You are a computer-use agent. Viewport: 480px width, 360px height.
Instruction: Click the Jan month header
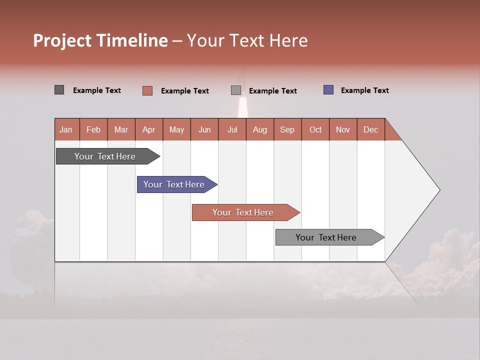tap(66, 129)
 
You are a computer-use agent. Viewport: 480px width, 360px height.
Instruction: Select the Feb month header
tap(93, 129)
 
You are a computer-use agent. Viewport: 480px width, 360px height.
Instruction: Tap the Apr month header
tap(149, 129)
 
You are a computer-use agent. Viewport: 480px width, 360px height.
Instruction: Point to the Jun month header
tap(204, 129)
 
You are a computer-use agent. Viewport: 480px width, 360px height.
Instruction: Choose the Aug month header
tap(260, 129)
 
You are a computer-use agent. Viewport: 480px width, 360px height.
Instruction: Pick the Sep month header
tap(287, 129)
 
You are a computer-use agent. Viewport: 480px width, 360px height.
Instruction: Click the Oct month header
tap(315, 129)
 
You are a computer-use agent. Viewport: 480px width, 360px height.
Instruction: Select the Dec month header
tap(371, 129)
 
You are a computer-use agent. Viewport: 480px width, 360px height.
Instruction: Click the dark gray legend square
tap(59, 90)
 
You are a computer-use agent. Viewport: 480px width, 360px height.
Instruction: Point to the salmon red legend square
tap(147, 90)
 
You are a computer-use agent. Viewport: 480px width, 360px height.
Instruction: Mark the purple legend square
tap(328, 90)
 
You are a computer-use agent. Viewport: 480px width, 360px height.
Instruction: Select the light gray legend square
tap(236, 90)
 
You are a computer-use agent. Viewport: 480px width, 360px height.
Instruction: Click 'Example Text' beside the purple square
tap(364, 90)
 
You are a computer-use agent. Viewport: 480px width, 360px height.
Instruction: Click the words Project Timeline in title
tap(100, 40)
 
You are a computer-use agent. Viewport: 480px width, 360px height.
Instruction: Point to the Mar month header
tap(121, 129)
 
